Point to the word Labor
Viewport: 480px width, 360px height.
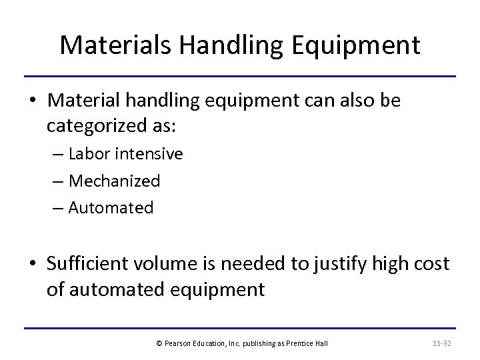pos(91,154)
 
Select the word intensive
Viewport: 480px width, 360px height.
pos(149,154)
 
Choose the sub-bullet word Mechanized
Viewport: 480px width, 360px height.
pos(114,181)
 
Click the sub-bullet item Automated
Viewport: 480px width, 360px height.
pos(111,207)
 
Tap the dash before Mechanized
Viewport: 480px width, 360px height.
pos(59,181)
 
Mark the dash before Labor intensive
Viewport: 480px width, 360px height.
pos(59,155)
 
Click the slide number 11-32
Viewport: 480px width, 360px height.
pos(442,343)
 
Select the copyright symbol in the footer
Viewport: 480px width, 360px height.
pos(159,343)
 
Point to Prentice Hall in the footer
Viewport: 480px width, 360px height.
pos(310,343)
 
